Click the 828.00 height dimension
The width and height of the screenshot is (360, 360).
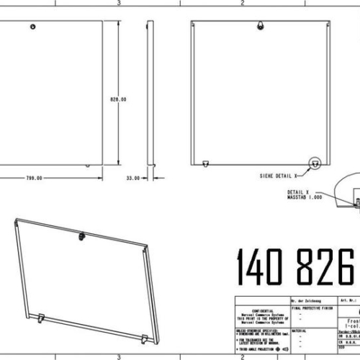point(118,99)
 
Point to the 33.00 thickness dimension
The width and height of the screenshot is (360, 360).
point(132,177)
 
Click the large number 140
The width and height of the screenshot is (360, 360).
point(262,267)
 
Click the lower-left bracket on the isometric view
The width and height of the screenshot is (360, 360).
point(43,317)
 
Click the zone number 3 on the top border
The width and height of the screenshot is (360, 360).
point(118,3)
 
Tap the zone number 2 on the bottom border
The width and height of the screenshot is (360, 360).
point(243,356)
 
